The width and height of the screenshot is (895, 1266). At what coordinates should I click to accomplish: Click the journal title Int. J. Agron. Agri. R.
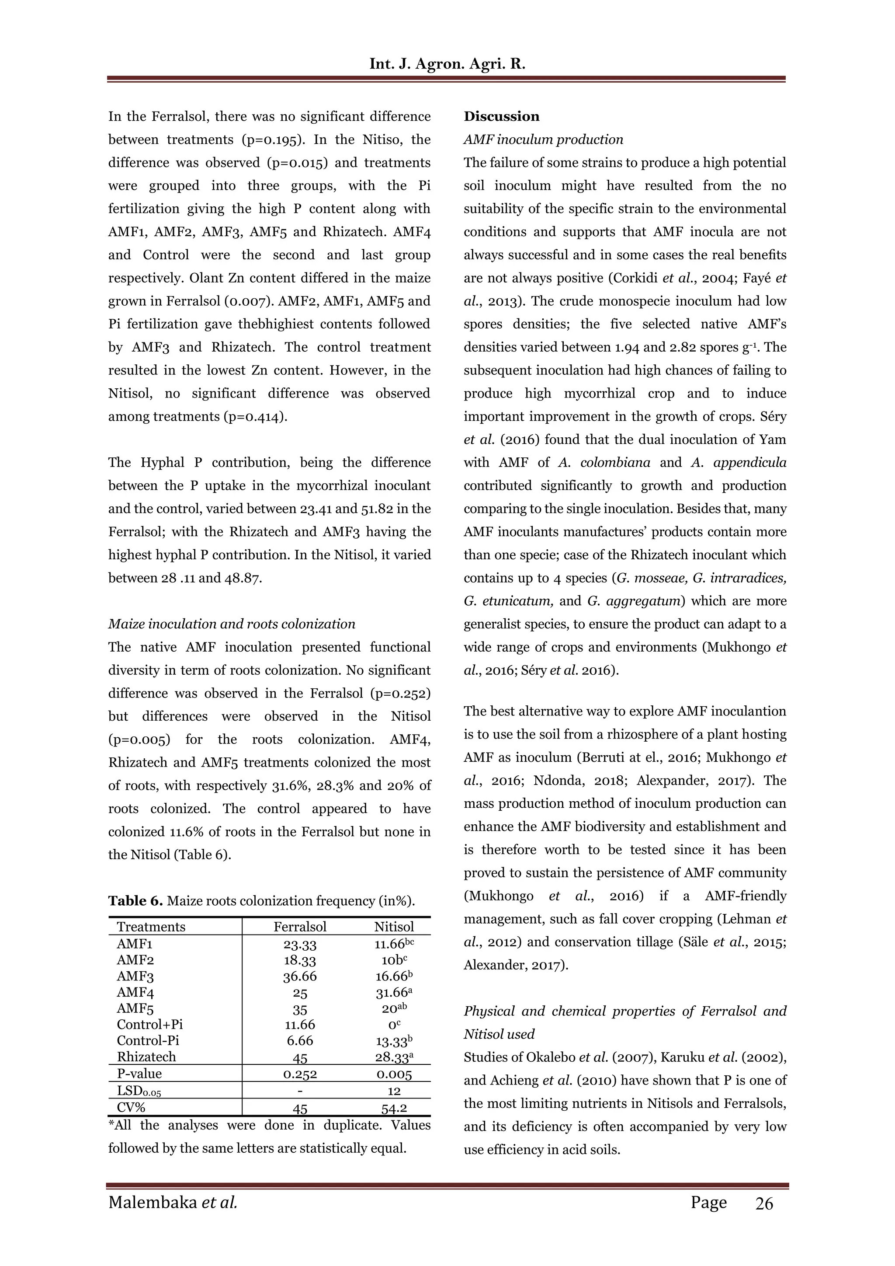point(447,64)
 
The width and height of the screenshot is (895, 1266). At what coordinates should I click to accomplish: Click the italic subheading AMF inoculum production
point(543,140)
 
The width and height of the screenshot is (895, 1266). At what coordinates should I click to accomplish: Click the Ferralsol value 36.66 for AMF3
point(300,977)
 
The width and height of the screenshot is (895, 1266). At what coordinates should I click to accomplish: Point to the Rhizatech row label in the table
point(146,1057)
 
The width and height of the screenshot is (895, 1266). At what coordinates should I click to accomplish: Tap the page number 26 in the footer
point(764,1203)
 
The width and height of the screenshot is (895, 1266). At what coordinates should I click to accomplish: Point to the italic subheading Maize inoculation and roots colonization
point(232,624)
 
